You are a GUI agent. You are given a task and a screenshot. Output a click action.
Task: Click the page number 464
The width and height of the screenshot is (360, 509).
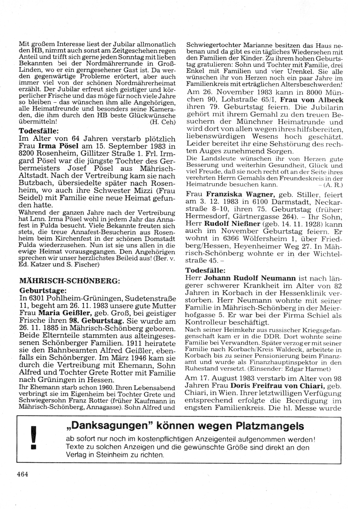(x=22, y=474)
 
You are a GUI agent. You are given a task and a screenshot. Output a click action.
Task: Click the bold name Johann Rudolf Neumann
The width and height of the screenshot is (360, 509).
(x=250, y=278)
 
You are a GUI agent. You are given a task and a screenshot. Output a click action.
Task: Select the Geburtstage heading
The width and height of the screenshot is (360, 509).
(x=42, y=290)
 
